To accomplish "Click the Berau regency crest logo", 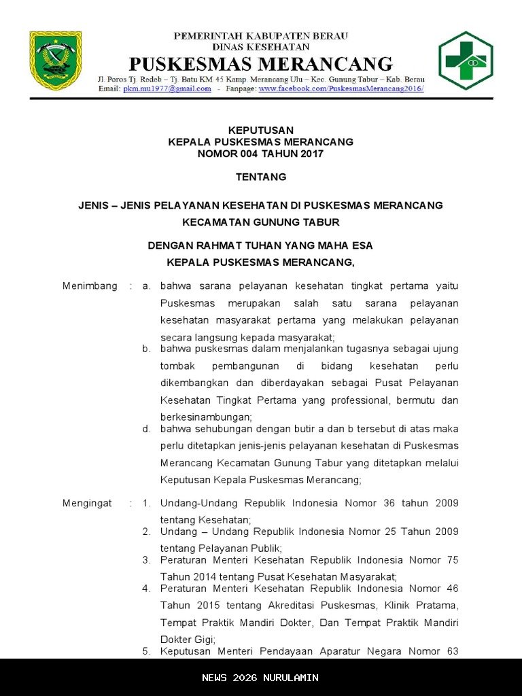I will [x=55, y=60].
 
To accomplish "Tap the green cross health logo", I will [x=466, y=60].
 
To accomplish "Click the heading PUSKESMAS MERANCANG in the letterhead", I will [x=261, y=65].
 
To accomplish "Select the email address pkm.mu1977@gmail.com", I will [x=167, y=88].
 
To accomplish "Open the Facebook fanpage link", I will [x=341, y=88].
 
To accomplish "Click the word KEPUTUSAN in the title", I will [x=261, y=130].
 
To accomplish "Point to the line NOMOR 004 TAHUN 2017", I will [x=261, y=154].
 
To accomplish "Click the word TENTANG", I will [x=261, y=177].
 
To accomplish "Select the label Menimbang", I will [x=90, y=285].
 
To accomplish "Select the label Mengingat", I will [x=87, y=503].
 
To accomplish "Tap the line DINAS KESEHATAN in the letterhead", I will [x=261, y=47].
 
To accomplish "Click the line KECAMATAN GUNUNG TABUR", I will [x=261, y=222].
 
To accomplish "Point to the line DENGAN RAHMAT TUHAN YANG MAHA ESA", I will [x=261, y=245].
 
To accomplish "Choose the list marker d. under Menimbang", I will [x=146, y=429].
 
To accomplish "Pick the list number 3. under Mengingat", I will [x=146, y=560].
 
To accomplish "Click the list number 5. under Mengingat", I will [x=146, y=651].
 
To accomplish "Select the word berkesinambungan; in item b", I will [x=206, y=417].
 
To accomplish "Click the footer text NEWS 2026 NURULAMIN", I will [x=261, y=678].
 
